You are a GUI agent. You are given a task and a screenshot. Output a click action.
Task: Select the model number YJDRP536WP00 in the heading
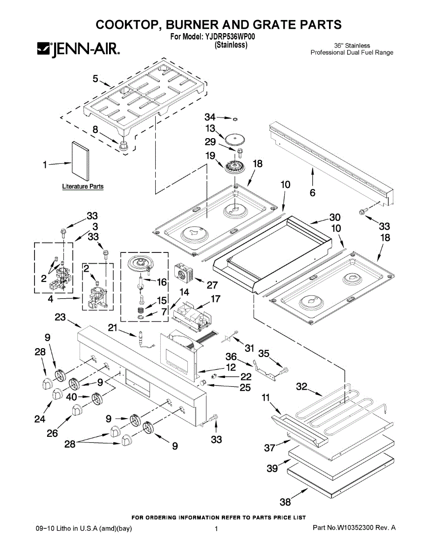229,37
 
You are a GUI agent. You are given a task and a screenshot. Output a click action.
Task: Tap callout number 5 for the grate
95,78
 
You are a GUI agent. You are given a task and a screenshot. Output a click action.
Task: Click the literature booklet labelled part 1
80,161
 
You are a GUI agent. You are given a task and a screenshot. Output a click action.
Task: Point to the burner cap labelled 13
235,139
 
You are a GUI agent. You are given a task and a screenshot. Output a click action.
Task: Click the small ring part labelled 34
235,119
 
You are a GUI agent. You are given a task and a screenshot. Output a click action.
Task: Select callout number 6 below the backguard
312,193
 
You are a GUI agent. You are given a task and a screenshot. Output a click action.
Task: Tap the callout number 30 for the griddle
335,217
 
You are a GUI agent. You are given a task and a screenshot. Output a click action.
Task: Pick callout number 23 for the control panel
60,317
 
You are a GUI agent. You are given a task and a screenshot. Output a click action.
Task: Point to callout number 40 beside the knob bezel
71,397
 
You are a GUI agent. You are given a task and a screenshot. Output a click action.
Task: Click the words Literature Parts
83,186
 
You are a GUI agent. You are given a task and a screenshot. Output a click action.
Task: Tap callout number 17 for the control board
215,299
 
